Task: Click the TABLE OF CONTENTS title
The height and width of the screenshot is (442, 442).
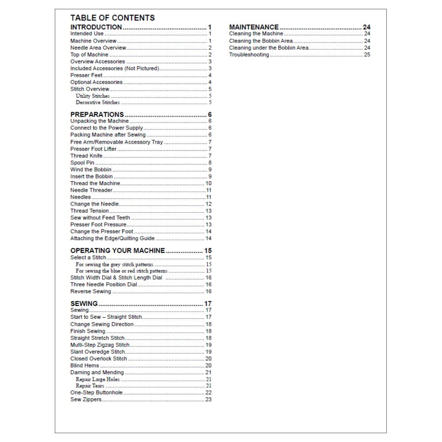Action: click(x=112, y=18)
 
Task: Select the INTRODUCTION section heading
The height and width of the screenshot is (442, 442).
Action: click(x=96, y=27)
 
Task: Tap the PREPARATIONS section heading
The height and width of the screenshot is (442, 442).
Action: click(x=97, y=114)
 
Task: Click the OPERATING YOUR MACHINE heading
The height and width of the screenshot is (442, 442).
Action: click(x=118, y=251)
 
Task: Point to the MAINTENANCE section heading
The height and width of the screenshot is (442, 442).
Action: click(x=254, y=27)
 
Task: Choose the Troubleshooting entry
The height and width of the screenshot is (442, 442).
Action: click(x=249, y=55)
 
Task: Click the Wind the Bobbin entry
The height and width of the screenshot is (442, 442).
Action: click(x=91, y=169)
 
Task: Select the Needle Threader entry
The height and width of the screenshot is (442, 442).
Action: click(x=91, y=190)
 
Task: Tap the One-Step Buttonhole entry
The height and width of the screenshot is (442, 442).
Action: click(x=96, y=392)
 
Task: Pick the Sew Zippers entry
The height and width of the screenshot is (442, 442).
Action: click(x=86, y=400)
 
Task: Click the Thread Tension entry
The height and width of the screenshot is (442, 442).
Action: click(x=89, y=211)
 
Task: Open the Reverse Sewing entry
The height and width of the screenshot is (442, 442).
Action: click(x=91, y=292)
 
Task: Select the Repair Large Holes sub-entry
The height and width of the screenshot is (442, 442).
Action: click(x=97, y=379)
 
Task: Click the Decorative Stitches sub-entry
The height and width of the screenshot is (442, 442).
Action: click(x=97, y=103)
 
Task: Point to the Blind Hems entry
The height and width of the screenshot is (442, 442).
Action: click(x=84, y=366)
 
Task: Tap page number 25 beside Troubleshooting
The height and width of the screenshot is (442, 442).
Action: click(x=367, y=55)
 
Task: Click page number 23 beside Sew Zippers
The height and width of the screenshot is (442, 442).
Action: click(x=209, y=400)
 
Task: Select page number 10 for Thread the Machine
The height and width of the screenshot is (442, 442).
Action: click(x=209, y=183)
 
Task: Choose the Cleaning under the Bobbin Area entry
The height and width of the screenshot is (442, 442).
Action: click(x=269, y=48)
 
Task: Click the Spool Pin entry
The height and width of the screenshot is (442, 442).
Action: click(x=82, y=163)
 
